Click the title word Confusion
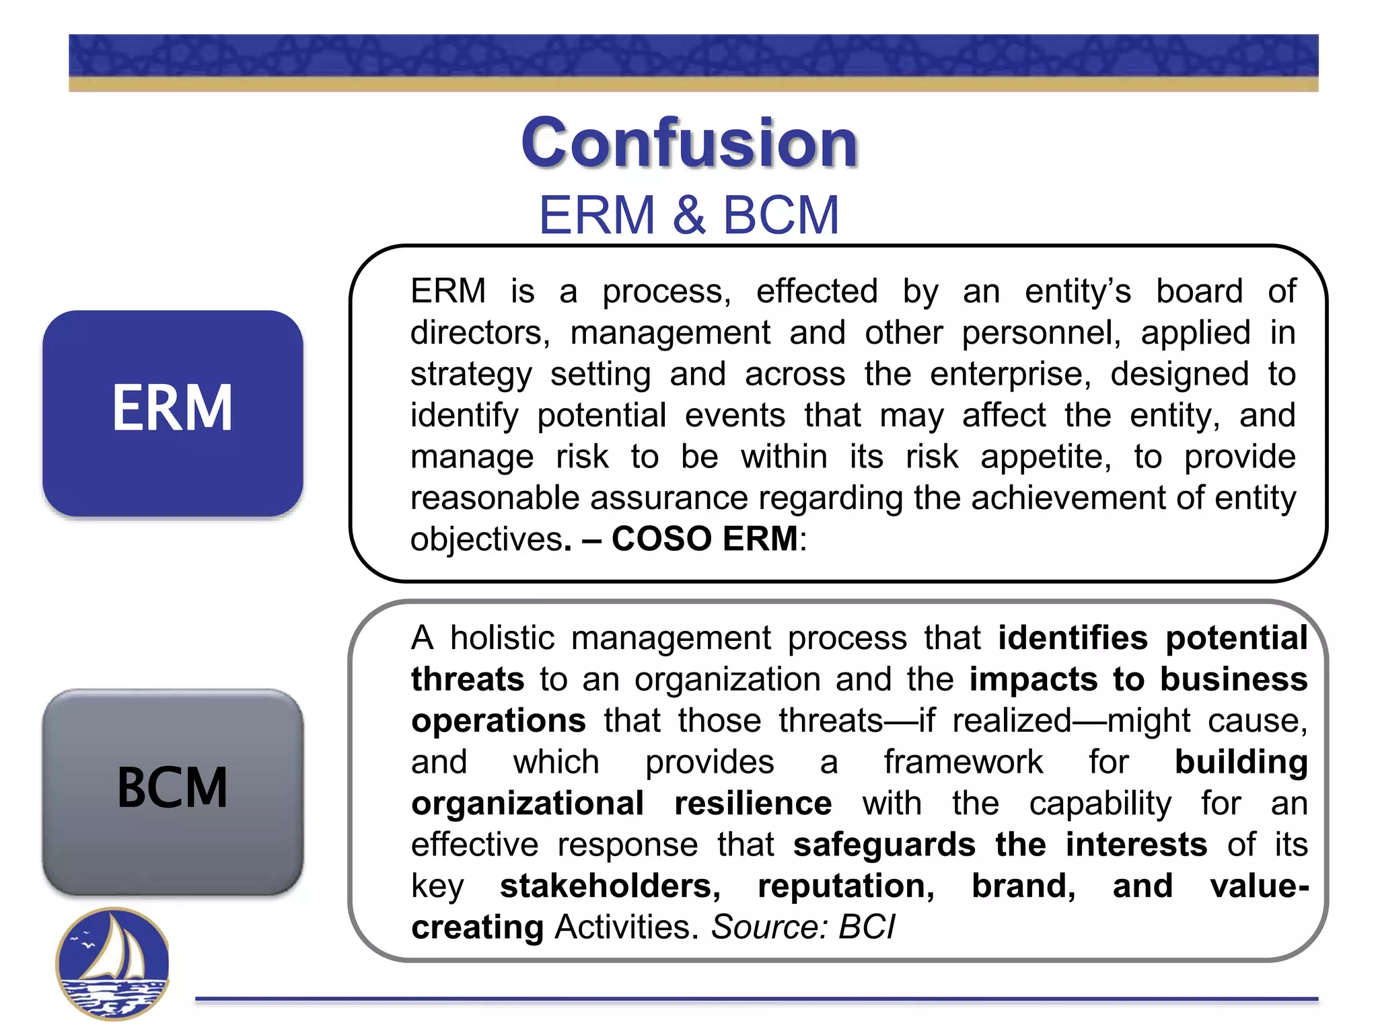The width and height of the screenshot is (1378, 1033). click(689, 143)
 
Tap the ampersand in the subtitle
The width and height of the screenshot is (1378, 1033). click(688, 215)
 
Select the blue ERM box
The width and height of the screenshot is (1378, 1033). click(173, 412)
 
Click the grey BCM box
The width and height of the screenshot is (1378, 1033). click(173, 791)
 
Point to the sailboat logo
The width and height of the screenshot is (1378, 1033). click(112, 963)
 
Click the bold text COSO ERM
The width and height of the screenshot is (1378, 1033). click(704, 539)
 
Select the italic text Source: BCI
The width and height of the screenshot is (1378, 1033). click(803, 927)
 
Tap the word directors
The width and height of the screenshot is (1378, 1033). click(479, 333)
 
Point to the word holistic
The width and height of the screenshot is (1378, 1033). click(502, 638)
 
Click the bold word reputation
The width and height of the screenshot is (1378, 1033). click(846, 886)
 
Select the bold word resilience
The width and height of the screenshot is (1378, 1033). click(753, 803)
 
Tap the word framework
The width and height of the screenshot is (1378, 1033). click(963, 762)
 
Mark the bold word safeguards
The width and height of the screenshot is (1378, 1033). click(884, 845)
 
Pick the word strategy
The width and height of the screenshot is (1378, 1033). click(471, 375)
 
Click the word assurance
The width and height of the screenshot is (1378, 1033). click(669, 498)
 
